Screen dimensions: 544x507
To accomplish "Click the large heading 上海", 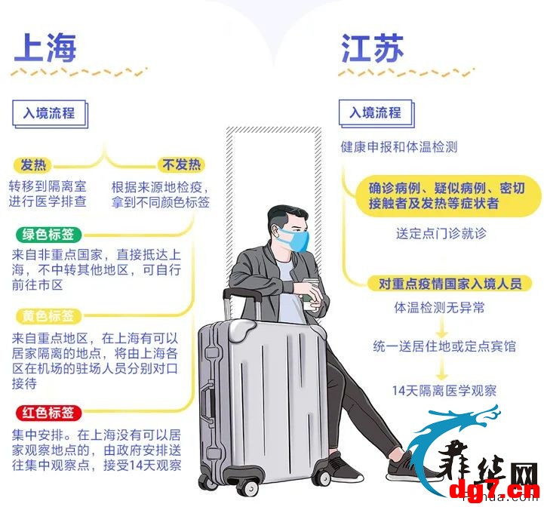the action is point(45,48).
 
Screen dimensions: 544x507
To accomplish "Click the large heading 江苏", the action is point(372,48).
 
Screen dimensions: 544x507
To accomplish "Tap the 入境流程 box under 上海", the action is point(50,114).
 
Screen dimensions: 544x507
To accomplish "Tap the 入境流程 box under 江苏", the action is point(376,113).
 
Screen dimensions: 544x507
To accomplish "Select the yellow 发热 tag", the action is point(33,164).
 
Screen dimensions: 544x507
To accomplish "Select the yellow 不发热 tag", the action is point(181,164).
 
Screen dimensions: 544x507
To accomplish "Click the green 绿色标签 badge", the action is point(48,235).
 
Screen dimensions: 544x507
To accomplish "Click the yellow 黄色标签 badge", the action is point(48,316).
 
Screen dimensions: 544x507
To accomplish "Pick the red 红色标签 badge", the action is point(48,413).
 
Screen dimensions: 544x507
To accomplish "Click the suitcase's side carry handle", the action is point(209,403).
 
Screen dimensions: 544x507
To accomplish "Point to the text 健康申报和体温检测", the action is point(399,147).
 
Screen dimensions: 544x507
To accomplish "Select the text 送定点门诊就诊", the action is point(441,233).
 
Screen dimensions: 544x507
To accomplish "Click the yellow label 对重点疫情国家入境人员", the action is point(450,284).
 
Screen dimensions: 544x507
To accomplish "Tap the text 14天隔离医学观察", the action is point(444,391).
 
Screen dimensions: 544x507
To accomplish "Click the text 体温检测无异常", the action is point(439,308).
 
